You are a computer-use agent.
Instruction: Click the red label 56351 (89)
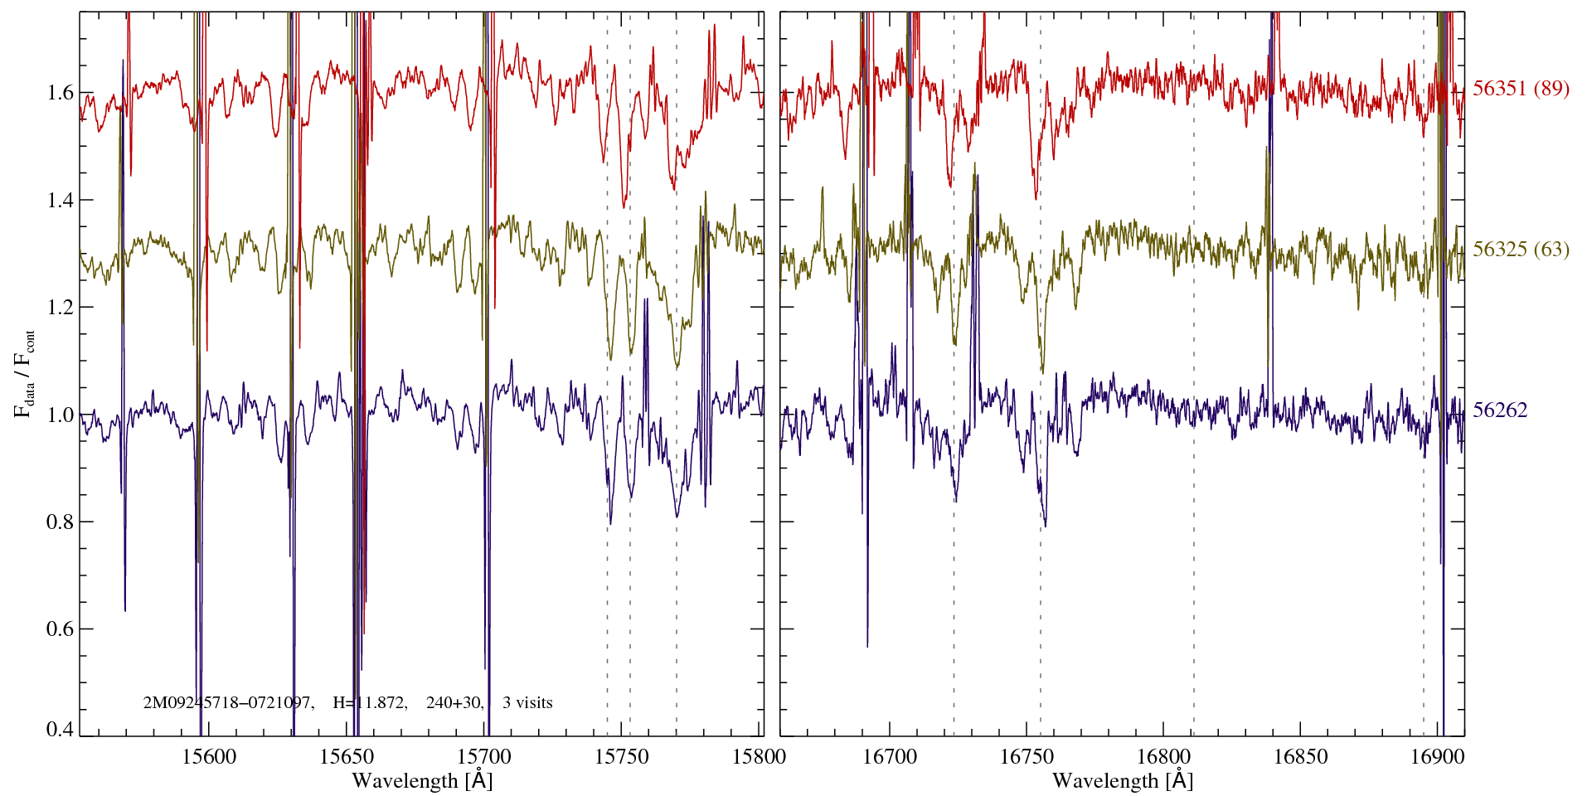(x=1521, y=89)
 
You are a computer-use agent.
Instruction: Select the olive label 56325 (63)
(x=1521, y=250)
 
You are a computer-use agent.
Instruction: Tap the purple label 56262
(x=1500, y=410)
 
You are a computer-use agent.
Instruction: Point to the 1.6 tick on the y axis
(x=61, y=92)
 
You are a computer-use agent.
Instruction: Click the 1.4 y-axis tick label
(x=61, y=200)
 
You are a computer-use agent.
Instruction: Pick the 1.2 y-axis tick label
(x=61, y=308)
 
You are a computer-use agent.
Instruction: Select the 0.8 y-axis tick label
(x=61, y=522)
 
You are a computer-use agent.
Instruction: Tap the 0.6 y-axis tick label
(x=61, y=629)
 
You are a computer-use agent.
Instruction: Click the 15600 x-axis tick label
(x=209, y=756)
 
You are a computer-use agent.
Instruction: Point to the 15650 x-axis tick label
(x=347, y=756)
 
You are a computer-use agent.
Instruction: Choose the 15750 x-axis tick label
(x=624, y=756)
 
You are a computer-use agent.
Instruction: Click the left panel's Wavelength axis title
(x=422, y=780)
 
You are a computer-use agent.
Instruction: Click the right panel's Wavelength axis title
(x=1122, y=780)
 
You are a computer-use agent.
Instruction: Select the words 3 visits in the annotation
(x=527, y=703)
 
